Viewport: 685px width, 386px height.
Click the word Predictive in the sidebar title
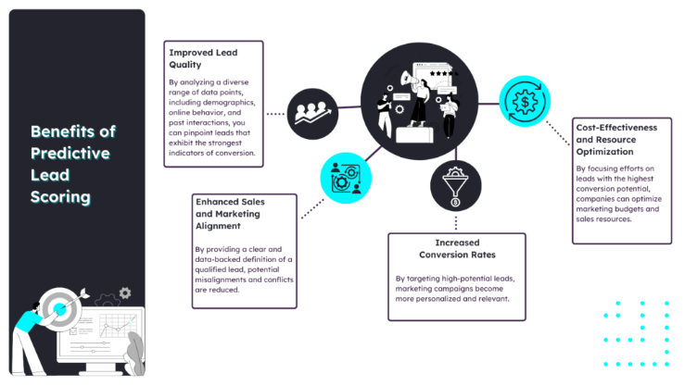click(x=70, y=154)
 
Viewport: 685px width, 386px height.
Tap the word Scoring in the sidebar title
click(x=61, y=197)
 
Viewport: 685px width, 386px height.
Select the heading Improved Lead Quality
click(x=204, y=58)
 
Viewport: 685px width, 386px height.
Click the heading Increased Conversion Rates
click(x=457, y=249)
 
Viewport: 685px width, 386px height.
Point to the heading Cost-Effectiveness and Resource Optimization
click(x=616, y=140)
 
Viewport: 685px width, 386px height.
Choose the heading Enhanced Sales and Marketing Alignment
click(x=230, y=214)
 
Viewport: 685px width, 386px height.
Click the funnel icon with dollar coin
click(x=456, y=186)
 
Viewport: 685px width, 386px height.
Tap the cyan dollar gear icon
click(x=525, y=102)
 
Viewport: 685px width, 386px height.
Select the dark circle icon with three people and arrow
click(x=312, y=114)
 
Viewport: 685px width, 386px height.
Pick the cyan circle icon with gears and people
click(x=346, y=178)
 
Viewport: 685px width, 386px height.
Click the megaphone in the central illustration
click(x=410, y=79)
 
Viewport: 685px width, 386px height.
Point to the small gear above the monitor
click(x=125, y=293)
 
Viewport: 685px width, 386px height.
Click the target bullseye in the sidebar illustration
click(x=60, y=309)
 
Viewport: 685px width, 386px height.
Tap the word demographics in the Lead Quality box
click(x=229, y=103)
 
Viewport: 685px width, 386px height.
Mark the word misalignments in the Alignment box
click(x=221, y=280)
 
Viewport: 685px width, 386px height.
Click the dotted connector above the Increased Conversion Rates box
click(x=456, y=223)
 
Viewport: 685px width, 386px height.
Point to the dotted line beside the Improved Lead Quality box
click(x=275, y=114)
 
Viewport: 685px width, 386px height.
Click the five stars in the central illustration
click(x=442, y=74)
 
